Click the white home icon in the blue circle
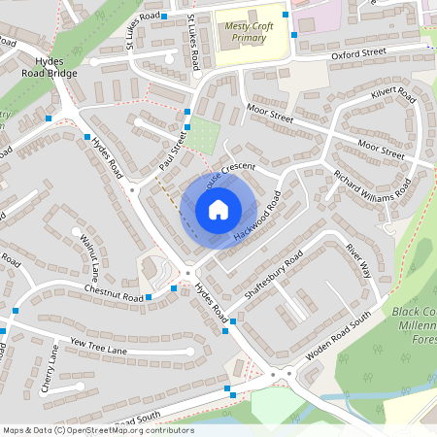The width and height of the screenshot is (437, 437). coord(218,210)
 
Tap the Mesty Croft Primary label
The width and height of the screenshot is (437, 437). coord(245,32)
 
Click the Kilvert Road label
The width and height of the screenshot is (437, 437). coord(393,102)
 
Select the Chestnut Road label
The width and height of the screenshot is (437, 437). coord(114,292)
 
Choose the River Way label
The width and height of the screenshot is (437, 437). coord(358,260)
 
